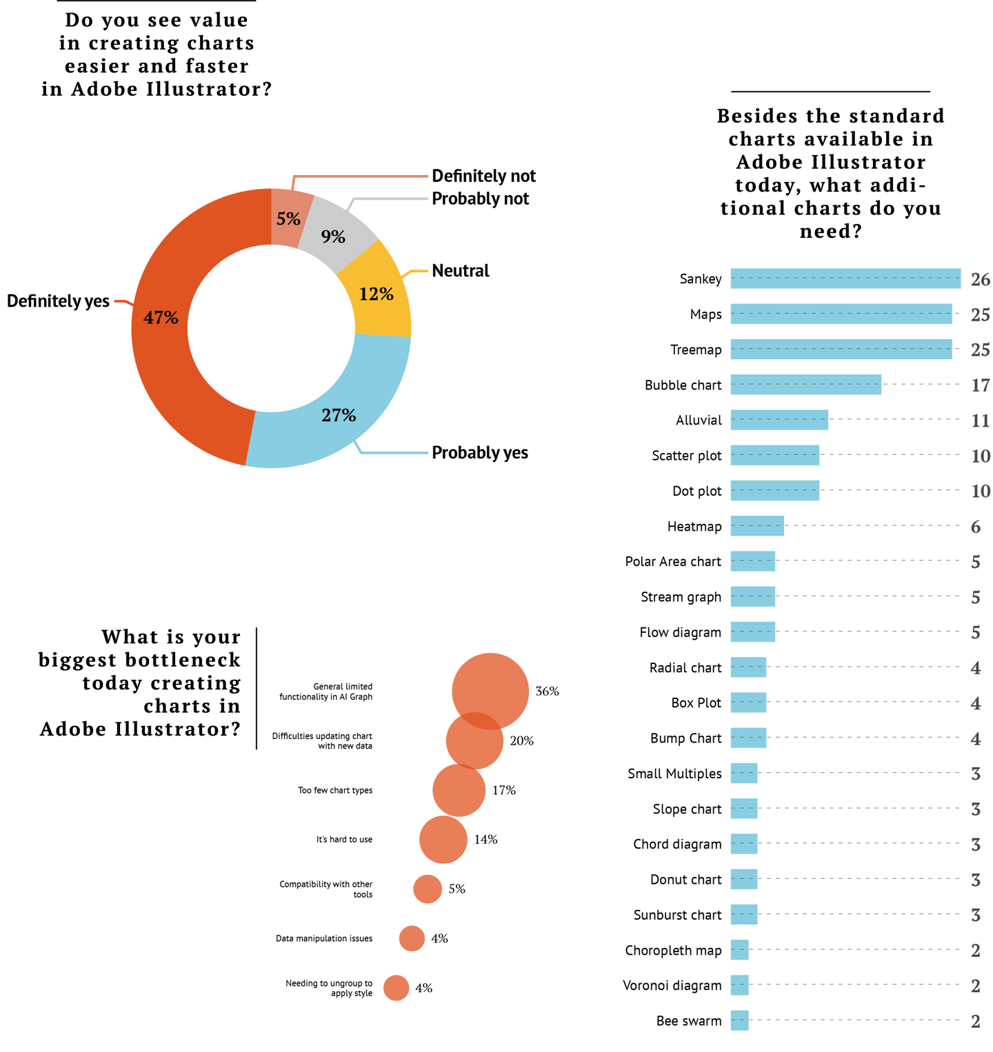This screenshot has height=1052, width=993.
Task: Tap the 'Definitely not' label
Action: [483, 176]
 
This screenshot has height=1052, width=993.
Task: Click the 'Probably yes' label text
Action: [479, 453]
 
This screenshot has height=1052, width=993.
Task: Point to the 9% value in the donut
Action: [333, 236]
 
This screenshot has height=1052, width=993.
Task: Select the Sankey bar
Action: [845, 279]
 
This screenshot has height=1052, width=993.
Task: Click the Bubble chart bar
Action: [805, 385]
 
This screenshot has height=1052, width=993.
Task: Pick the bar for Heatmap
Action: [756, 526]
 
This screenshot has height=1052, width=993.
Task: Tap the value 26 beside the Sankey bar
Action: [980, 279]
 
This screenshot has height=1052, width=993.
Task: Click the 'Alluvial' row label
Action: [698, 421]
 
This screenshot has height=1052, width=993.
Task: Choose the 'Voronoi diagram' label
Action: [672, 985]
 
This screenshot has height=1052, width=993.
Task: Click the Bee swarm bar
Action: [739, 1020]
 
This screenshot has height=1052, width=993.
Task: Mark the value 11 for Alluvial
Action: [980, 421]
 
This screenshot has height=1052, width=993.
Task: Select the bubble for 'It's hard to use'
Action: [443, 840]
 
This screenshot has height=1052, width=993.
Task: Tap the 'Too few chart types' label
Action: [335, 790]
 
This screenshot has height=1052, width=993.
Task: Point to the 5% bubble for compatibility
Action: [428, 889]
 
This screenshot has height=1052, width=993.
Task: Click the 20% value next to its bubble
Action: [521, 741]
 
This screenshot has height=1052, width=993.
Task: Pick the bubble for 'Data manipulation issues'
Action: [412, 938]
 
